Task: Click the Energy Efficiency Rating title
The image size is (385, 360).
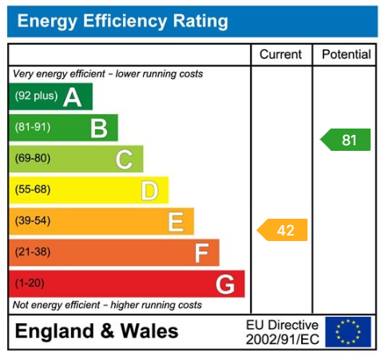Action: point(122,22)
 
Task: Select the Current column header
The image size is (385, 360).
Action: point(281,55)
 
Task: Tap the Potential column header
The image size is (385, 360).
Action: point(346,55)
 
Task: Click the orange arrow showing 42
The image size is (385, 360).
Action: point(283,231)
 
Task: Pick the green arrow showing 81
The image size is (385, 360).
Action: point(346,140)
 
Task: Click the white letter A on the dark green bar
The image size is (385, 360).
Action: point(72,97)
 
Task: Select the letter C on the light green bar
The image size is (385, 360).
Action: point(124,160)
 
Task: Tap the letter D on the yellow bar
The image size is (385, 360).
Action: point(149,191)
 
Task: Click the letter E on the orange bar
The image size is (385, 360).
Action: point(176,222)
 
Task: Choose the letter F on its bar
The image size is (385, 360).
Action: point(201,253)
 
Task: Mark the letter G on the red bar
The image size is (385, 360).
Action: point(225,284)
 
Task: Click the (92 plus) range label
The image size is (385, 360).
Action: point(36,97)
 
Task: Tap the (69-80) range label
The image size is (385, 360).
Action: point(32,159)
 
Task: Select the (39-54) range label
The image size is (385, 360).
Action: point(32,221)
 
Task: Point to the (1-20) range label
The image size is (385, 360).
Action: point(30,283)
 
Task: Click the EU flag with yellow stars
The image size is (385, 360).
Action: point(347,332)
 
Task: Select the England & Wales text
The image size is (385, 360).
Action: point(97,331)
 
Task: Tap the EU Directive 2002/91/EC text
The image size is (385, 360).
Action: point(282,332)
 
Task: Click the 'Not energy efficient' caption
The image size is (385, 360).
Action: point(107,306)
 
